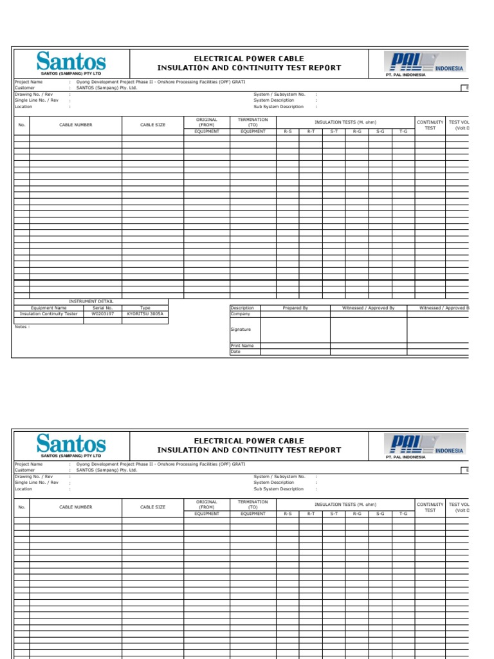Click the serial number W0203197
tap(103, 314)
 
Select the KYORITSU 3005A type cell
tap(145, 314)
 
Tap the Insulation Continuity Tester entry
tap(49, 314)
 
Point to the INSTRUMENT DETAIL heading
tap(91, 301)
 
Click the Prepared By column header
tap(295, 308)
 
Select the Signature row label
tap(241, 329)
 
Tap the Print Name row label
tap(242, 346)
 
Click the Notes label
tap(22, 327)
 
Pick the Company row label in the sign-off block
tap(240, 314)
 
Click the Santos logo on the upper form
tap(71, 63)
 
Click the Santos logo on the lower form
tap(71, 445)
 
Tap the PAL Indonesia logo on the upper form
tap(424, 64)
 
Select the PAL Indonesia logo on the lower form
tap(424, 445)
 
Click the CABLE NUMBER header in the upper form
tap(76, 125)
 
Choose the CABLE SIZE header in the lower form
tap(153, 507)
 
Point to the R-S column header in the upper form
tap(288, 131)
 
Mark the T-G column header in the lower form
tap(403, 514)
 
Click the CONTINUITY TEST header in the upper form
tap(430, 125)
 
